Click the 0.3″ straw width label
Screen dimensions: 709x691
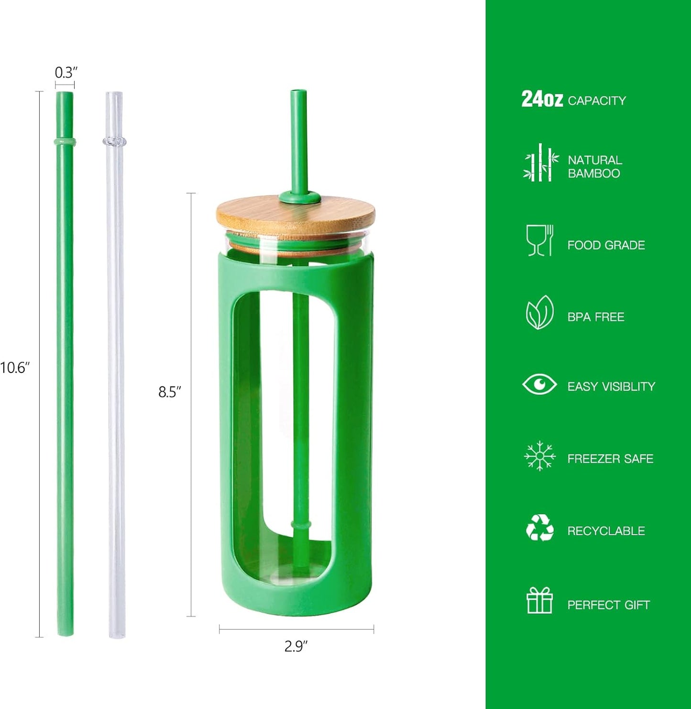click(66, 73)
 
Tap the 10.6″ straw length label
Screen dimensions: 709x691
click(15, 368)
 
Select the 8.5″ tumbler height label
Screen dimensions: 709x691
click(170, 392)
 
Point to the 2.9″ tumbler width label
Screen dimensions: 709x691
click(296, 646)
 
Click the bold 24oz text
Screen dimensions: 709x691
click(542, 99)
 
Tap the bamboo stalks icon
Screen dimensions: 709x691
click(540, 163)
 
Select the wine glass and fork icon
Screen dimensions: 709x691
click(539, 240)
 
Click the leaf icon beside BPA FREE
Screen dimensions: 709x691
click(539, 313)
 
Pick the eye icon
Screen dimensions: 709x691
click(539, 384)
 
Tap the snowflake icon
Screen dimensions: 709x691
click(539, 456)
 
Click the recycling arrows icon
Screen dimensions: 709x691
click(539, 528)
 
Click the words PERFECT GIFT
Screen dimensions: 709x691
click(608, 605)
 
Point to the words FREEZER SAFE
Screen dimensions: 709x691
click(610, 459)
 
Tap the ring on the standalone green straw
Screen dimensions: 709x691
click(65, 142)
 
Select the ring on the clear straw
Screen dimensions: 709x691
click(114, 141)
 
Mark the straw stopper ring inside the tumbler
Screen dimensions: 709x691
click(301, 525)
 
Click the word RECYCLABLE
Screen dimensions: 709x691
click(606, 531)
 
